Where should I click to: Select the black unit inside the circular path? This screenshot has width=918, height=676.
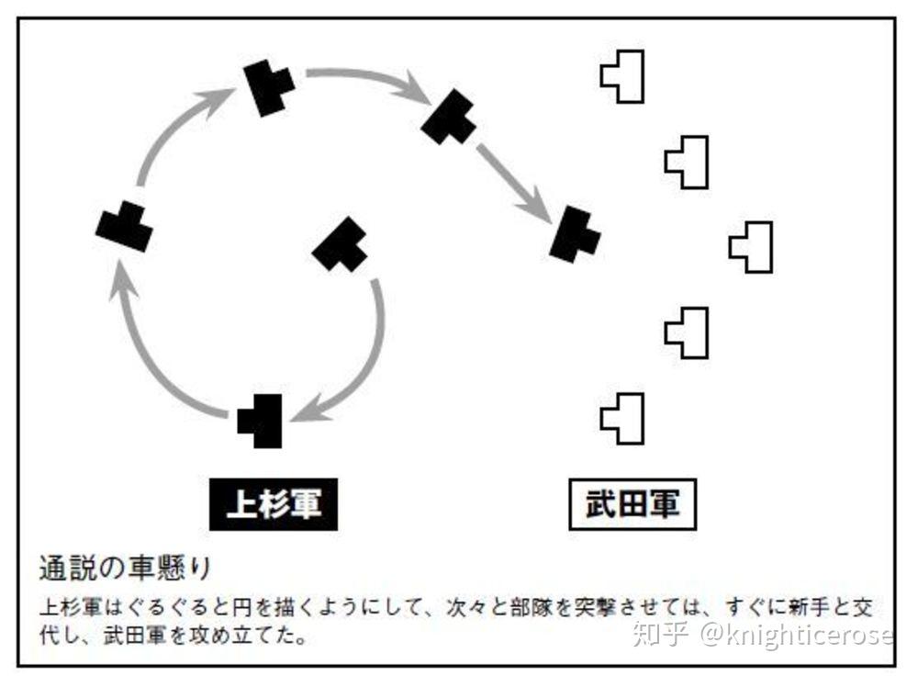click(x=341, y=246)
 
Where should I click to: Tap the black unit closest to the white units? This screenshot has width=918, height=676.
click(x=576, y=233)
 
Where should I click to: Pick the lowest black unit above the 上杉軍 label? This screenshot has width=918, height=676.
click(x=262, y=422)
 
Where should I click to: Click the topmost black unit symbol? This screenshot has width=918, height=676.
click(x=269, y=86)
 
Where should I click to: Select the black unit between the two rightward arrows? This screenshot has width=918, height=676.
click(x=449, y=117)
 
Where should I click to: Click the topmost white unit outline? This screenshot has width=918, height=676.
click(x=624, y=75)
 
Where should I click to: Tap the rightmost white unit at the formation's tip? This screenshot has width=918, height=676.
click(x=753, y=247)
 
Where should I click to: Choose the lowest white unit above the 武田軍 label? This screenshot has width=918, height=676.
click(x=624, y=418)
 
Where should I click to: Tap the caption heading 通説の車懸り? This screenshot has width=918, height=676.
click(x=125, y=568)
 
